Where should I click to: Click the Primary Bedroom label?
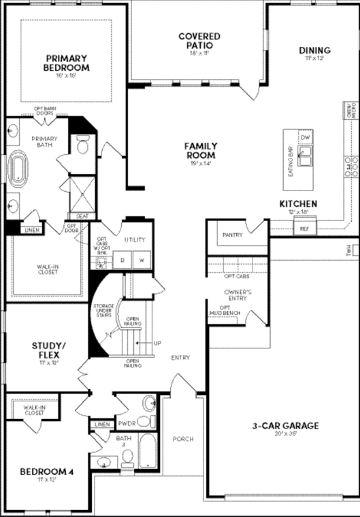pyautogui.click(x=67, y=63)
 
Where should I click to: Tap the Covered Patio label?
pyautogui.click(x=199, y=40)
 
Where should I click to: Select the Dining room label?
pyautogui.click(x=314, y=50)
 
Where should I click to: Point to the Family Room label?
pyautogui.click(x=201, y=150)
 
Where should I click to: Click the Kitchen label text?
pyautogui.click(x=298, y=204)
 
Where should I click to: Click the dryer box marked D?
pyautogui.click(x=124, y=260)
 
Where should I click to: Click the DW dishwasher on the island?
pyautogui.click(x=306, y=138)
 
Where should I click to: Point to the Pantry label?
pyautogui.click(x=233, y=235)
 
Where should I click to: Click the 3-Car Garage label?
pyautogui.click(x=286, y=426)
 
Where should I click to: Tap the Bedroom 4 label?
pyautogui.click(x=47, y=471)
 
